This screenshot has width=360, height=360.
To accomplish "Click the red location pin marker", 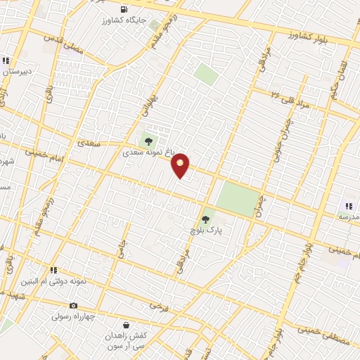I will pyautogui.click(x=181, y=165).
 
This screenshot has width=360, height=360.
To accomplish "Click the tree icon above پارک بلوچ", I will pyautogui.click(x=205, y=219).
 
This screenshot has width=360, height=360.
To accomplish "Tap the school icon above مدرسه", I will pyautogui.click(x=348, y=206).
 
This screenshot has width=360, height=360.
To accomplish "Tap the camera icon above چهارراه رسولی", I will pyautogui.click(x=74, y=305).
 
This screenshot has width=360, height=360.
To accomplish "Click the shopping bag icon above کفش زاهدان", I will pyautogui.click(x=126, y=325).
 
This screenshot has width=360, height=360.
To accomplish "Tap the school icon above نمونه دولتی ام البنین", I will pyautogui.click(x=53, y=270).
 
